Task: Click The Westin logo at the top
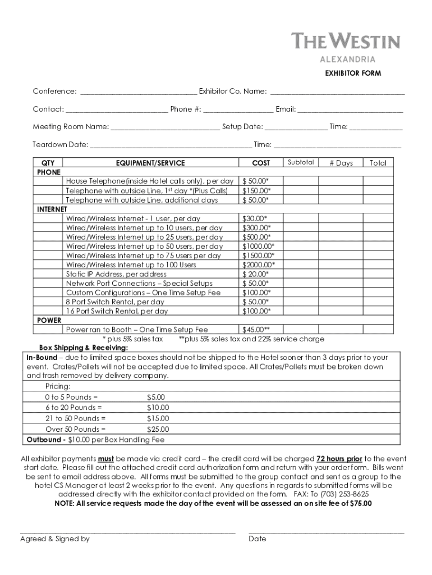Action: tap(346, 42)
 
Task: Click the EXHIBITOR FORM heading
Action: tap(353, 74)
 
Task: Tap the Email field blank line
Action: tap(350, 109)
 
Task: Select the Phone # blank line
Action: tap(238, 109)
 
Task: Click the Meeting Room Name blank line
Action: tap(165, 127)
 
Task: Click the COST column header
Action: tap(261, 163)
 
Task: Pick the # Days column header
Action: tap(341, 163)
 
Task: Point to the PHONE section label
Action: tap(48, 172)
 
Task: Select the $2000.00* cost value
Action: tap(258, 265)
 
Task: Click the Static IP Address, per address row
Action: tap(116, 274)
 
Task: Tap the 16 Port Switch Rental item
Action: tap(117, 311)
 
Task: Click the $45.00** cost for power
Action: tap(256, 330)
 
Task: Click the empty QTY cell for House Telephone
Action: tap(49, 181)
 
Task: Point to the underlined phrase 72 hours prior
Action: tap(339, 459)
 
